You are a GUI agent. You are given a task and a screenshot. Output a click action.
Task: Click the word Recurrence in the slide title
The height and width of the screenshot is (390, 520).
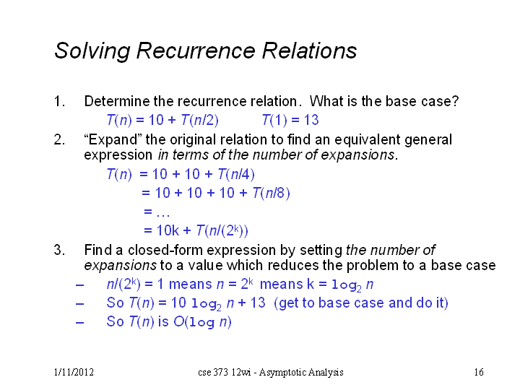pos(196,51)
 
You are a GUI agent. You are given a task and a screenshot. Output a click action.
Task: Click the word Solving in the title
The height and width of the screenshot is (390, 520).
pos(92,51)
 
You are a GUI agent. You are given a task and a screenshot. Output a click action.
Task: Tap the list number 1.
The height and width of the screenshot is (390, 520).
pos(59,101)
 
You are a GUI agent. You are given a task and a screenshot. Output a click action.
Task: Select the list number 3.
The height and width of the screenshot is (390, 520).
pos(59,250)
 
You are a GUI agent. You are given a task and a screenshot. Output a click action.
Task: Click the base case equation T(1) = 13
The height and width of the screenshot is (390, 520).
pos(290,120)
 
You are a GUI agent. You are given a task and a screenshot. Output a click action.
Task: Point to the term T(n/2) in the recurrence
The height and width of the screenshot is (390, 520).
pos(199,120)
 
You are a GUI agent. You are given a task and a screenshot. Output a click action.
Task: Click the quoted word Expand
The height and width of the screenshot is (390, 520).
pos(110,139)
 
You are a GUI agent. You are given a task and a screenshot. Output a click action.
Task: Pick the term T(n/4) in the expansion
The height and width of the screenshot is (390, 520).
pos(236,174)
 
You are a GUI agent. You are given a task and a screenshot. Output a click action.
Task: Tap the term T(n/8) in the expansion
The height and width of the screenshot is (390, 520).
pos(271,193)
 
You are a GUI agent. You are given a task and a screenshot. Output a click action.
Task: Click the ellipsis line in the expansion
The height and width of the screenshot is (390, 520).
pos(157,212)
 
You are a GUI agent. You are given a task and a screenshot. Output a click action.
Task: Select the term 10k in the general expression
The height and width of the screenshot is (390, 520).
pos(168,230)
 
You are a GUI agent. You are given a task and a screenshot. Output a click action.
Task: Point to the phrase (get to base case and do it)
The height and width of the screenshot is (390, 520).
pos(361,303)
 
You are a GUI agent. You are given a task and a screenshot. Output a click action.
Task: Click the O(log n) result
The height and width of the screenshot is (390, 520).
pos(202,321)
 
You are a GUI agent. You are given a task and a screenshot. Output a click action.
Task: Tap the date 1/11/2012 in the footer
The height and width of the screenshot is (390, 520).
pos(74,372)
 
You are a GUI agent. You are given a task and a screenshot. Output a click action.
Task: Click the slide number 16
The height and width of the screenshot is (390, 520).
pos(479,372)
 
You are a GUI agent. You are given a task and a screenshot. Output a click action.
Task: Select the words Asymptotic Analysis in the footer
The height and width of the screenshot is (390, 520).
pos(301,373)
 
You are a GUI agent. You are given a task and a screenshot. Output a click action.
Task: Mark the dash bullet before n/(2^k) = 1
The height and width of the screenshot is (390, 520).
pos(79,285)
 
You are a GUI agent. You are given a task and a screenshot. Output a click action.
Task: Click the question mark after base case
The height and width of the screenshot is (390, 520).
pos(455,101)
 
